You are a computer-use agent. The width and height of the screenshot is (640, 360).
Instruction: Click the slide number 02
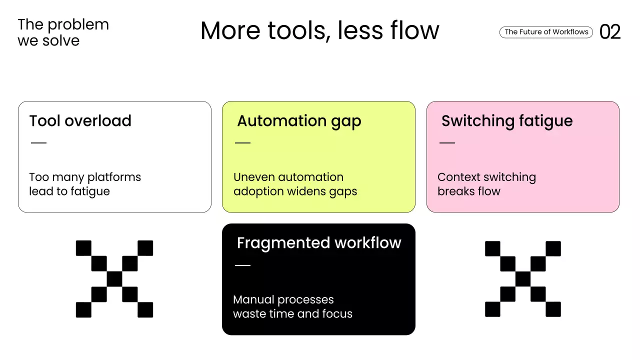[610, 32]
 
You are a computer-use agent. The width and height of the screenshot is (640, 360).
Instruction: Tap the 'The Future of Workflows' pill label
[546, 32]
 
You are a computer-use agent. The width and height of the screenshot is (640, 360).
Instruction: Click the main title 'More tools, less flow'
[319, 30]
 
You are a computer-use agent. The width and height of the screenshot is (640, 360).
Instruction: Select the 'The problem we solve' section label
[63, 32]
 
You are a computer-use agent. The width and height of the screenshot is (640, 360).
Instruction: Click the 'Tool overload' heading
[80, 121]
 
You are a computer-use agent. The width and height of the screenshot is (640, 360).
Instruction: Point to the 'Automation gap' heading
[298, 121]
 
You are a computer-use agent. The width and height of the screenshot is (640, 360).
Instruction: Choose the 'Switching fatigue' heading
[506, 121]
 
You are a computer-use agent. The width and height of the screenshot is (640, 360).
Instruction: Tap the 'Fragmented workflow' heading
[318, 243]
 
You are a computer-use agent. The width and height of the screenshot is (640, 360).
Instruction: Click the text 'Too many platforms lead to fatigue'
[85, 184]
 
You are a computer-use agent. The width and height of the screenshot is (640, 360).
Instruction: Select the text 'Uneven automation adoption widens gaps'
[295, 184]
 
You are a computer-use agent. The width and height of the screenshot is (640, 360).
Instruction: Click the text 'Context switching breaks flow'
[486, 184]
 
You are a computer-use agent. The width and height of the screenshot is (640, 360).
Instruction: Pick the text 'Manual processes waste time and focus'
[292, 306]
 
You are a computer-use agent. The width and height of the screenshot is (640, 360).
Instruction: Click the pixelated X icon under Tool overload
[114, 279]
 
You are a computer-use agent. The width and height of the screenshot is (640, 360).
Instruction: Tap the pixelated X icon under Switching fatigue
[523, 279]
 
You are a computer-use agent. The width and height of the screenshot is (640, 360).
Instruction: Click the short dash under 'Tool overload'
[38, 143]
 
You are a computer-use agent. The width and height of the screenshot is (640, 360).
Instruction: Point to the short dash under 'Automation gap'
[242, 143]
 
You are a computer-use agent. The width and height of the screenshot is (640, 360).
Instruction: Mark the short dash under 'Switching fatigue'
[447, 143]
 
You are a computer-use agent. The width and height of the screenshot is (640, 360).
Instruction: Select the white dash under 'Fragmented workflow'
[242, 265]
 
